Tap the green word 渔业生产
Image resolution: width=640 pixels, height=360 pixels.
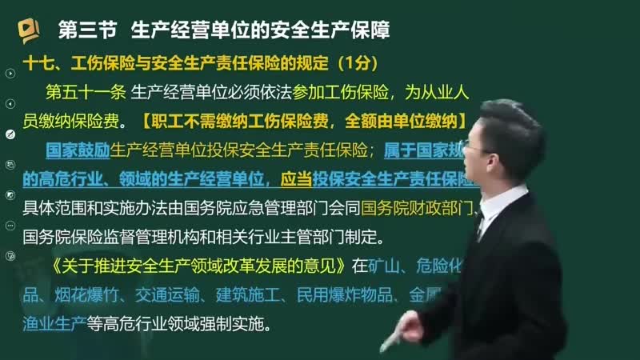[x=54, y=325]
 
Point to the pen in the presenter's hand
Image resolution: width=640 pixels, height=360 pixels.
[x=398, y=334]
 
